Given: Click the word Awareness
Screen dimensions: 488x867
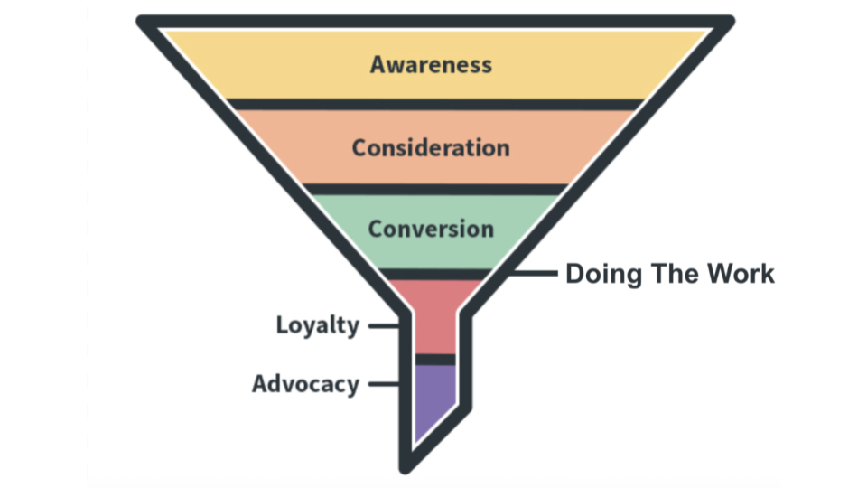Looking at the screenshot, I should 431,64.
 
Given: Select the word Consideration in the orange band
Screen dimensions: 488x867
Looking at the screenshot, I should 431,146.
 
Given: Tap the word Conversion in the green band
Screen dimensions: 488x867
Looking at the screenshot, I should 431,228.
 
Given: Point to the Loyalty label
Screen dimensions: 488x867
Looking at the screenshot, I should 318,325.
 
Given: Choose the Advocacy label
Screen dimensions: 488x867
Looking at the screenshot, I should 305,384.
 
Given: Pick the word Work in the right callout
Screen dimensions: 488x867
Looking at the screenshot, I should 740,274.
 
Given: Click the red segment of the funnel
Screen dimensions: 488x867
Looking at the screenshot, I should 434,316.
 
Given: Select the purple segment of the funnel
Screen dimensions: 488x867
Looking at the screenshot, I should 433,398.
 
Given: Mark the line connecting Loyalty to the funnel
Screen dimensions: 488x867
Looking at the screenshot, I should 383,325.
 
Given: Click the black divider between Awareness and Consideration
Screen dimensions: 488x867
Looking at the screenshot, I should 433,104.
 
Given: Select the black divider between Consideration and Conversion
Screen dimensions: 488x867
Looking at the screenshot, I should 433,189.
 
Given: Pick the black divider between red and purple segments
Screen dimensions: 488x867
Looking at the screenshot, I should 434,360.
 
